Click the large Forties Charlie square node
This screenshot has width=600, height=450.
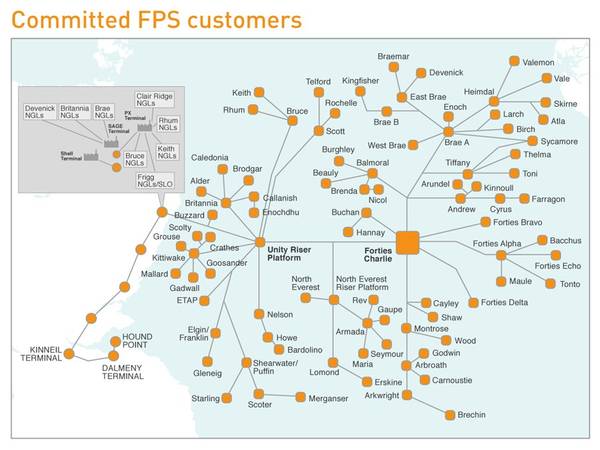pyautogui.click(x=408, y=243)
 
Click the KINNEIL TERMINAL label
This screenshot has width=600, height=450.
pyautogui.click(x=34, y=355)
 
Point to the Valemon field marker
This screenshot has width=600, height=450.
pyautogui.click(x=514, y=62)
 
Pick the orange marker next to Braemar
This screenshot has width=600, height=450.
pyautogui.click(x=394, y=67)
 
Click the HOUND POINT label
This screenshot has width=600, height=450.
pyautogui.click(x=139, y=340)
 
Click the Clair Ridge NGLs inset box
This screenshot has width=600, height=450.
pyautogui.click(x=154, y=100)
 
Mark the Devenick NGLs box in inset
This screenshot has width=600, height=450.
pyautogui.click(x=40, y=111)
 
